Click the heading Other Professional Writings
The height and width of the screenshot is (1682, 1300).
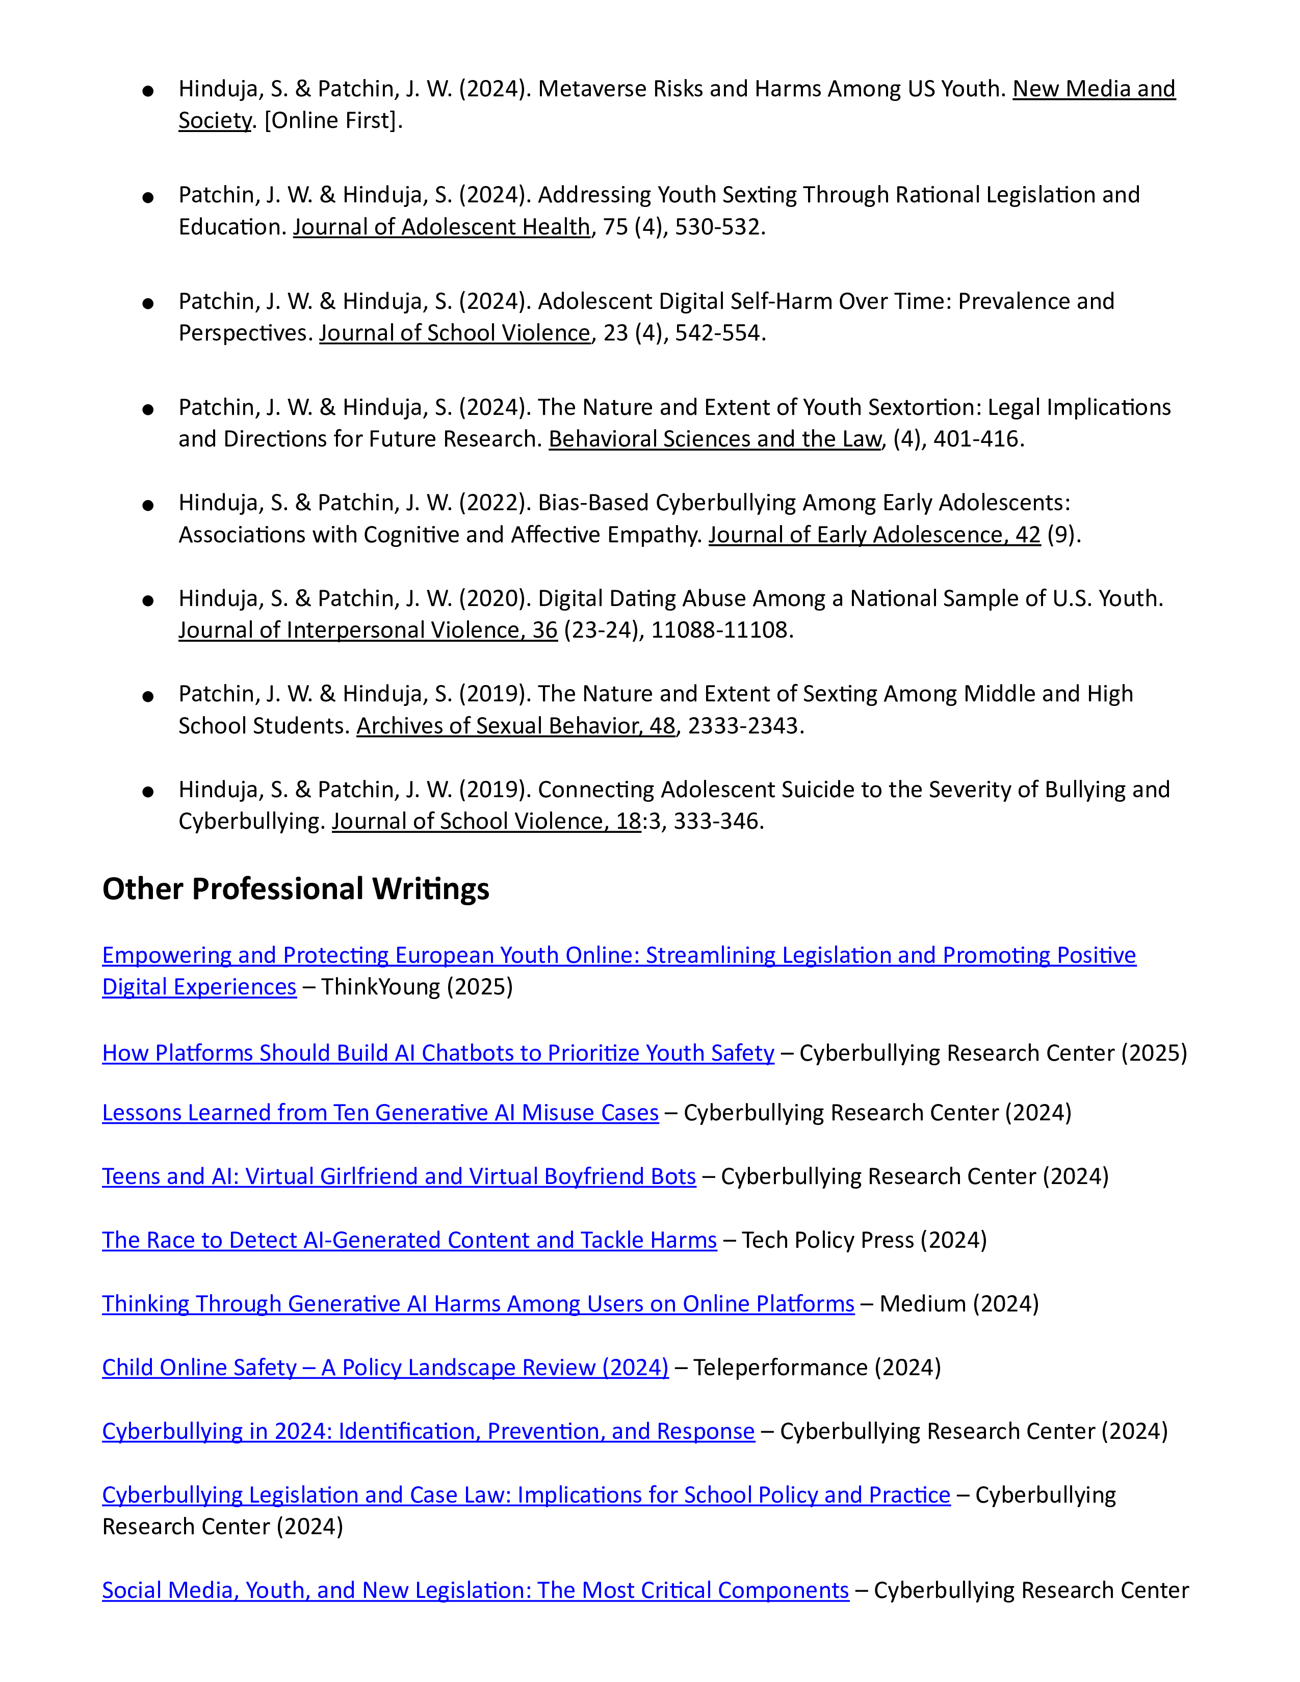tap(296, 889)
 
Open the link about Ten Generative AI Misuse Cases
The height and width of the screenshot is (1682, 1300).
tap(380, 1113)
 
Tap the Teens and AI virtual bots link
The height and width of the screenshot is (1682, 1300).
tap(399, 1177)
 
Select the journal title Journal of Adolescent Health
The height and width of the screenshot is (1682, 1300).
tap(441, 227)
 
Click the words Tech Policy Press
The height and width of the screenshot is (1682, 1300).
tap(828, 1240)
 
